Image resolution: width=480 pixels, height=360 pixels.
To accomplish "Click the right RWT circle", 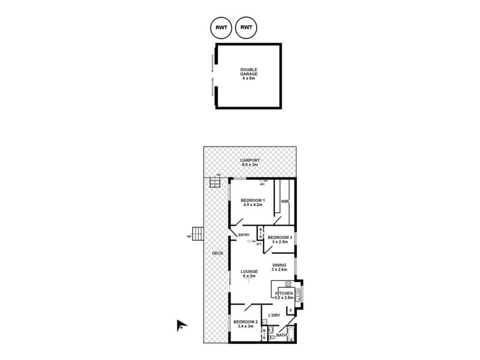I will pyautogui.click(x=246, y=27).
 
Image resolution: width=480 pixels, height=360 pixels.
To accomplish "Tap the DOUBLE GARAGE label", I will pyautogui.click(x=249, y=73).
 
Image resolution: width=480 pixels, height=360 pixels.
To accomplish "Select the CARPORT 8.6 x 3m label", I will pyautogui.click(x=250, y=163).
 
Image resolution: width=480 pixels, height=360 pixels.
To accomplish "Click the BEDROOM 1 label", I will pyautogui.click(x=253, y=202).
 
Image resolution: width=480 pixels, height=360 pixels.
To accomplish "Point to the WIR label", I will pyautogui.click(x=284, y=202).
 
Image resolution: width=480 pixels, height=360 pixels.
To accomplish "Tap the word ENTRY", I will pyautogui.click(x=244, y=235).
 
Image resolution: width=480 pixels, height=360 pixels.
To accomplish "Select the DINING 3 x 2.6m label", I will pyautogui.click(x=279, y=267).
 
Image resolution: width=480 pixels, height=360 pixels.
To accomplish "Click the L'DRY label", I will pyautogui.click(x=275, y=316).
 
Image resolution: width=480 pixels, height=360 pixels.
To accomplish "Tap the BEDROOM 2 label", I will pyautogui.click(x=245, y=325).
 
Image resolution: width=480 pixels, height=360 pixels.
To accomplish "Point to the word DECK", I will pyautogui.click(x=217, y=253).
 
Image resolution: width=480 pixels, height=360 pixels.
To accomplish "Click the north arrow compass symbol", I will pyautogui.click(x=179, y=326).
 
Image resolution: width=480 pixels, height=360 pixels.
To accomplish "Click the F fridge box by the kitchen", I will pyautogui.click(x=290, y=310).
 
